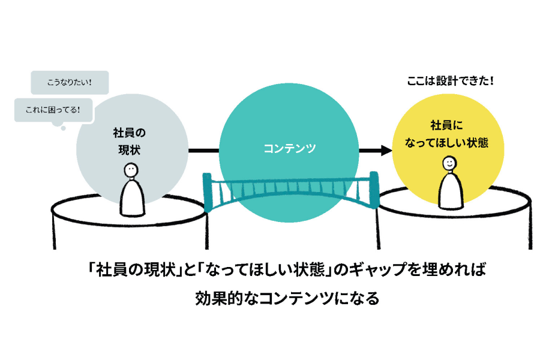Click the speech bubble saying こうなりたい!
[69, 83]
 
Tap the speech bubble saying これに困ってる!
[53, 110]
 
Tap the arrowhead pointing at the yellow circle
[383, 151]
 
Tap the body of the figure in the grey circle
[132, 198]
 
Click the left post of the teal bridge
[208, 191]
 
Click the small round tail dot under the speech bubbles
[62, 127]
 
